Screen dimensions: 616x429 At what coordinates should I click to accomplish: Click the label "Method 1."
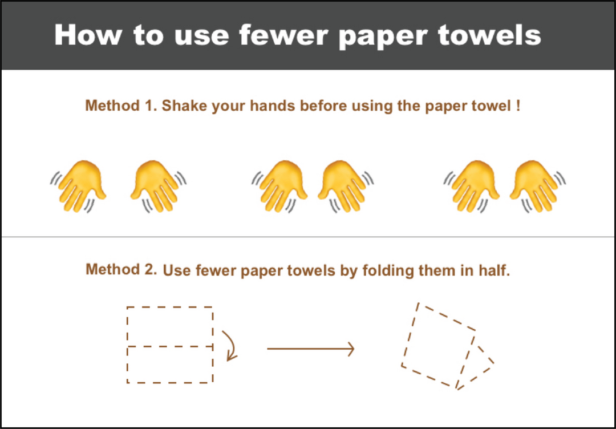click(121, 106)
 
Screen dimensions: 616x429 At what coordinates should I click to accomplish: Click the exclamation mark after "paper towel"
click(518, 106)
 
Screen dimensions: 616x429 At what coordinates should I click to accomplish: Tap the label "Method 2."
click(121, 269)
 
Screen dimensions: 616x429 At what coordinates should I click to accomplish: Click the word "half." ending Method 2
click(493, 270)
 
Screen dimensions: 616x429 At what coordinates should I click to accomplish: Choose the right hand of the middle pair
click(345, 186)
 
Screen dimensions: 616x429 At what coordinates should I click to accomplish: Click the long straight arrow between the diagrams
click(310, 349)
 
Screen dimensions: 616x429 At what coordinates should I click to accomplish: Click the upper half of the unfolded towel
click(170, 326)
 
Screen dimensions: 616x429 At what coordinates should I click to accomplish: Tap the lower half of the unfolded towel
click(170, 365)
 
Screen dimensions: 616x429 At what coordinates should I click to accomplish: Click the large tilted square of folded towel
click(439, 345)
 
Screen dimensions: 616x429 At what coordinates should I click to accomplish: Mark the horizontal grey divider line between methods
click(308, 237)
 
